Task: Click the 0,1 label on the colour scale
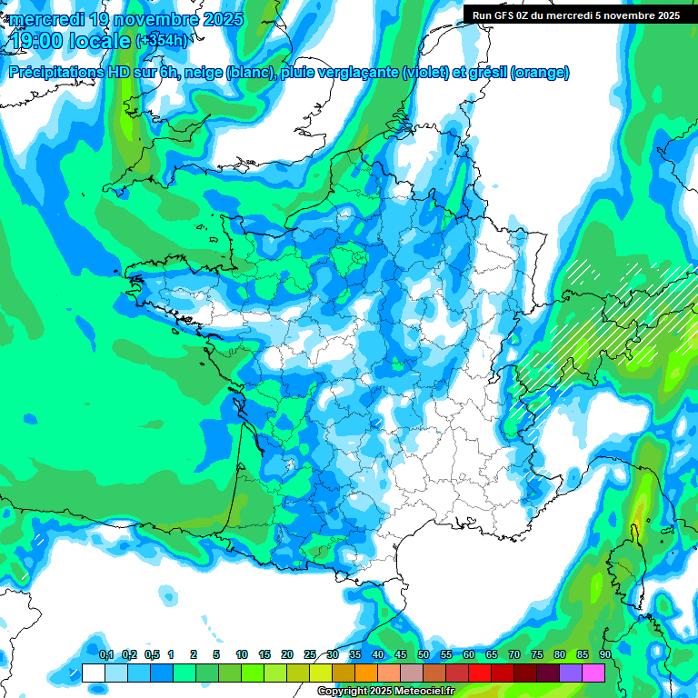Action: point(106,654)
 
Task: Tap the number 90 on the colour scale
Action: point(605,654)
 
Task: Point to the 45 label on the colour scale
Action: point(401,654)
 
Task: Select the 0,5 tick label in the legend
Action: point(152,654)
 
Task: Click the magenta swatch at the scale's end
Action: point(593,673)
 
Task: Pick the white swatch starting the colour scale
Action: point(94,673)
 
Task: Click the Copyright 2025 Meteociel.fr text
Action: point(385,692)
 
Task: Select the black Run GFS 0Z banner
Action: point(579,15)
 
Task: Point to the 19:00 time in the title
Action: point(35,41)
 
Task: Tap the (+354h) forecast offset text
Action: point(161,41)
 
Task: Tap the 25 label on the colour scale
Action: point(310,654)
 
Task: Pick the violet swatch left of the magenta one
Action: point(571,673)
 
